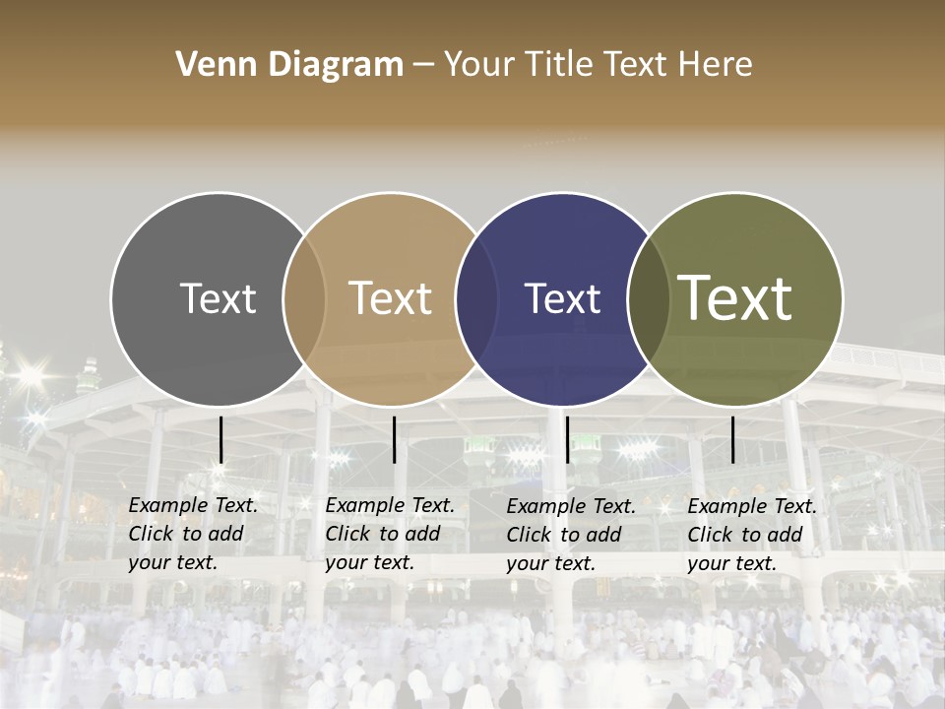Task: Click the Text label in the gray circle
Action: point(218,298)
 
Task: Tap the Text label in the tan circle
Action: point(390,298)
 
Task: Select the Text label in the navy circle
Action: point(562,298)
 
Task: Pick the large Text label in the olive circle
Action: point(734,298)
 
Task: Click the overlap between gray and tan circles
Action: point(304,298)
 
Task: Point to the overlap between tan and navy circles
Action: point(476,298)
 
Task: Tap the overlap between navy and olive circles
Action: point(648,298)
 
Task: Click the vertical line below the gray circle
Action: point(221,439)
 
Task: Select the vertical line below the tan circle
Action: point(394,439)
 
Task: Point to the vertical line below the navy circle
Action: point(567,439)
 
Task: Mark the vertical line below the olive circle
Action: point(732,439)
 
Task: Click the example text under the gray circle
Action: point(193,534)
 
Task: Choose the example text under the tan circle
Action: point(390,534)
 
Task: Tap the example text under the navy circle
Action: point(571,535)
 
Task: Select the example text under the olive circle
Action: point(752,535)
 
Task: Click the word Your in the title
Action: point(479,65)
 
